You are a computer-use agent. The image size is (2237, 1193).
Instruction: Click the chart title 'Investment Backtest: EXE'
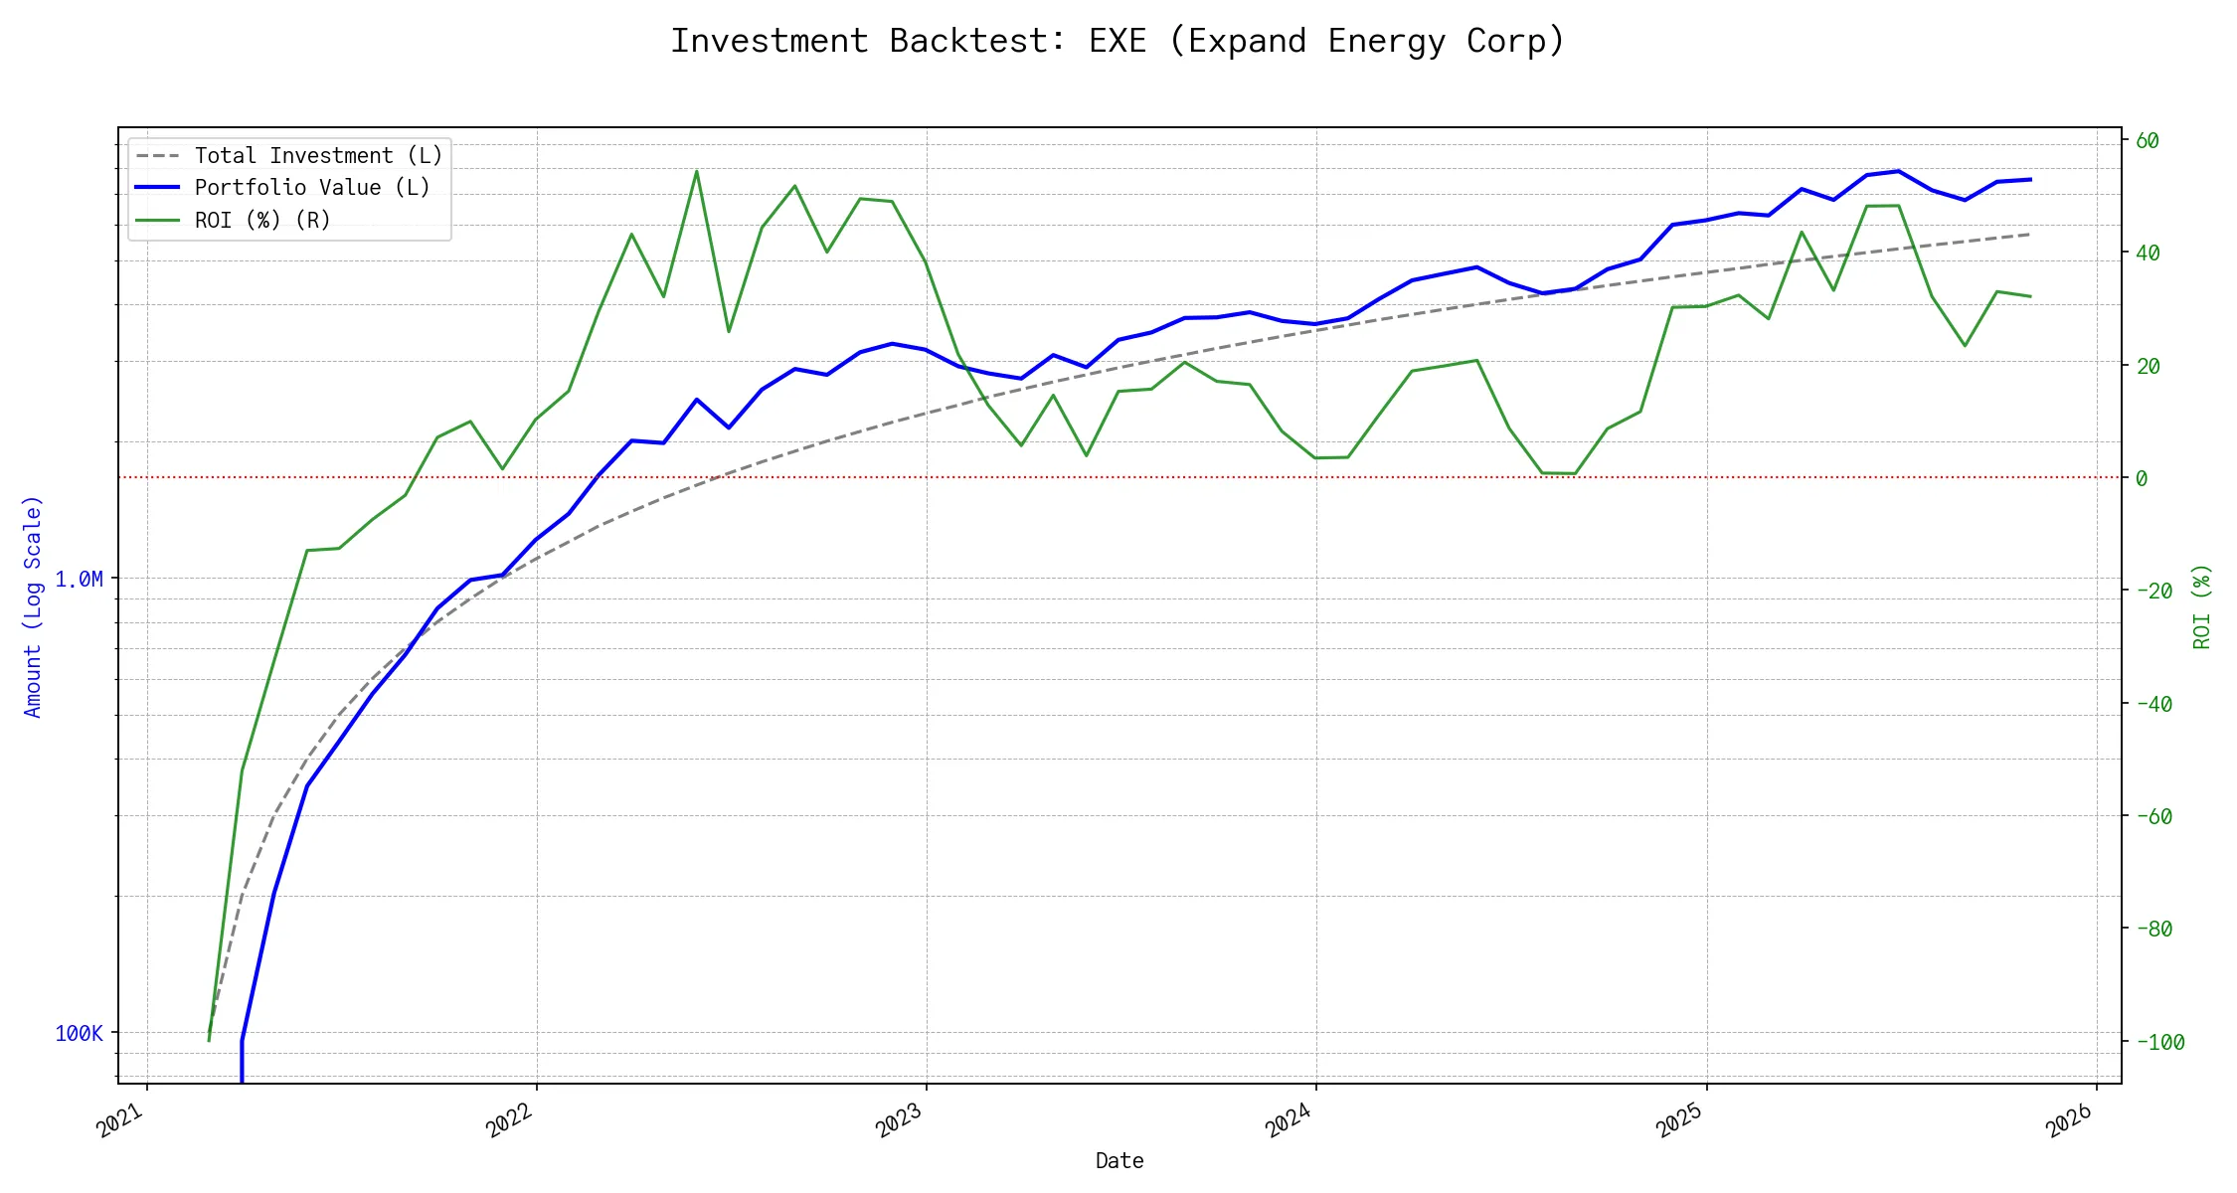[1118, 41]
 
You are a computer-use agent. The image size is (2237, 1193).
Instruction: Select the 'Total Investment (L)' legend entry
[318, 156]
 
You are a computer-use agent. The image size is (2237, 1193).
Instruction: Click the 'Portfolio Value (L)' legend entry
[312, 188]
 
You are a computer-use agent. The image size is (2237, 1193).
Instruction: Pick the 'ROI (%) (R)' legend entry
[262, 220]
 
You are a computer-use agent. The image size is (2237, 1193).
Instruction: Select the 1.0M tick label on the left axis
[79, 579]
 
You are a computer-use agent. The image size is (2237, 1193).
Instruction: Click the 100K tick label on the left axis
[79, 1034]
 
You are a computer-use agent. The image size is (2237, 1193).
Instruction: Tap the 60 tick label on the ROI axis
[2148, 141]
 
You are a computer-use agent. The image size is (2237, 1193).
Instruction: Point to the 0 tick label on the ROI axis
[2142, 478]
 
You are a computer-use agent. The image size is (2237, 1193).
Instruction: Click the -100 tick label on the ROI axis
[2160, 1042]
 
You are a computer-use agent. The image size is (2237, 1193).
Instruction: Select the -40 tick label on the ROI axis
[2153, 704]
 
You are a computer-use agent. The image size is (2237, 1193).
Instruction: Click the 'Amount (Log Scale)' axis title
[33, 606]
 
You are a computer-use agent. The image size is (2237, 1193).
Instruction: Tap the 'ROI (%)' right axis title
[2202, 606]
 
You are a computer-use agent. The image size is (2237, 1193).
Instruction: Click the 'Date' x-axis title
[1119, 1160]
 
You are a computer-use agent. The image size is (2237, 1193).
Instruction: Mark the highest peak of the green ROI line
[696, 171]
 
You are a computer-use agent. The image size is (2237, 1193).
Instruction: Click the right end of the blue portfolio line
[2030, 180]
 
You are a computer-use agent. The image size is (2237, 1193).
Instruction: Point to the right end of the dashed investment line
[2030, 235]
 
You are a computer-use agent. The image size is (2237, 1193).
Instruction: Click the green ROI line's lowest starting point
[209, 1041]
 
